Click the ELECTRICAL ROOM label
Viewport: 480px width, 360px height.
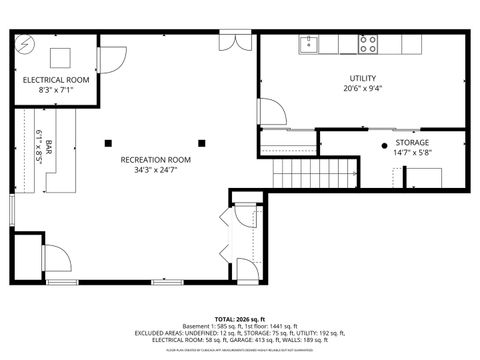56,80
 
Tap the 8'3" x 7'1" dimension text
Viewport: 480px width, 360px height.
56,90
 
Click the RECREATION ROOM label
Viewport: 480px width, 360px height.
157,161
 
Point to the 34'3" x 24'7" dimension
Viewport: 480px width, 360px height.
157,171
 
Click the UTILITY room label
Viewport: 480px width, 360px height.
362,78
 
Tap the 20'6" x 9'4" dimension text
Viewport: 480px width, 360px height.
362,88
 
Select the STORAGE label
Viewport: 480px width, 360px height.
411,143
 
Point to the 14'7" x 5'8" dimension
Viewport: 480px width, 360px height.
411,153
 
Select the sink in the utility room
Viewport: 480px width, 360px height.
310,44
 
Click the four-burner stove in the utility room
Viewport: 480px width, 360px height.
369,44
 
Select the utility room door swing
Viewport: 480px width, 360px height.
267,111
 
